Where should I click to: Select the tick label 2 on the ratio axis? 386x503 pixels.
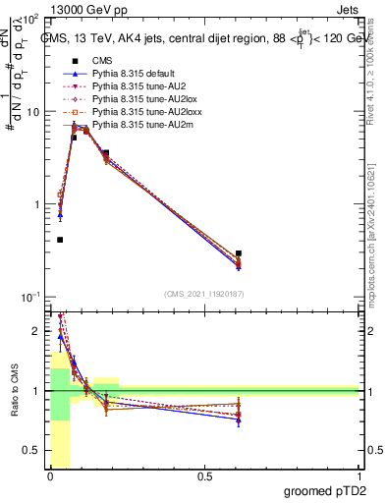tap(40, 331)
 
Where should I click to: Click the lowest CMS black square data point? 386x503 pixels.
tap(60, 240)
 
